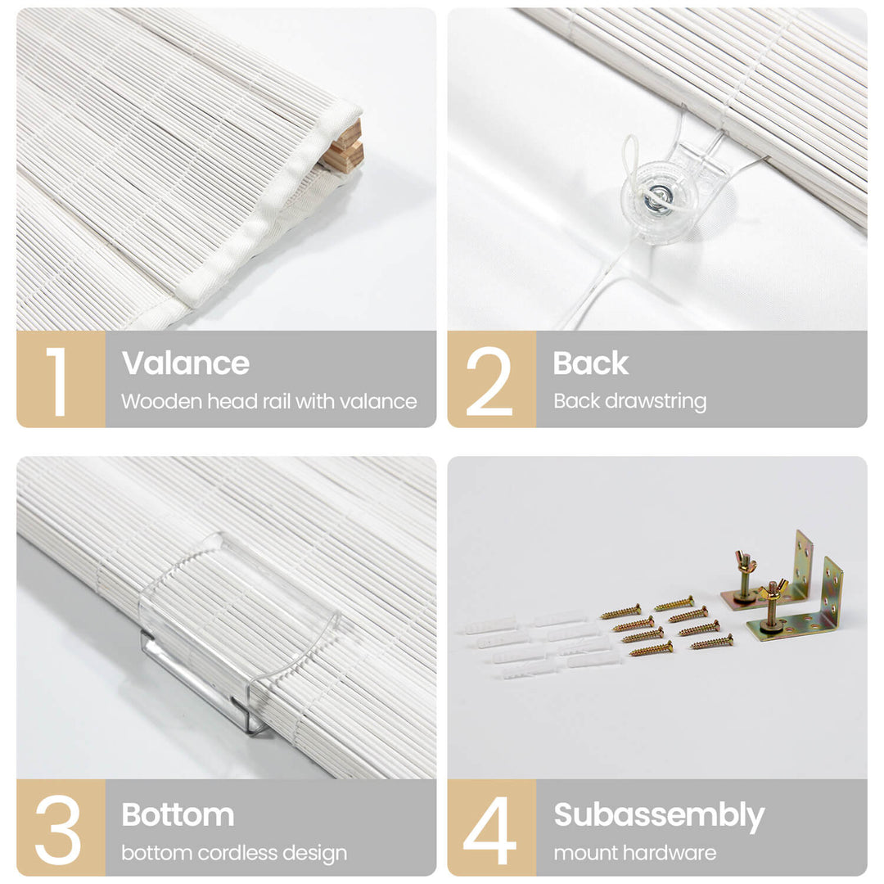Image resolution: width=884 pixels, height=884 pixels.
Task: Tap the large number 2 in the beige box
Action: [489, 381]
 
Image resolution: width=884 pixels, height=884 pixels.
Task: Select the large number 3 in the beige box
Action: [58, 830]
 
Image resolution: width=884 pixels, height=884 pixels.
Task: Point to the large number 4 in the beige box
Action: [489, 830]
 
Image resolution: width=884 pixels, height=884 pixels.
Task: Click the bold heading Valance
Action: [186, 363]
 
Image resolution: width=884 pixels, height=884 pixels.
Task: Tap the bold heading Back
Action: [590, 363]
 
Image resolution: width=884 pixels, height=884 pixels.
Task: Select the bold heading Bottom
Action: [178, 814]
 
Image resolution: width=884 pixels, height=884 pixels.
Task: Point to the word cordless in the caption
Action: [237, 853]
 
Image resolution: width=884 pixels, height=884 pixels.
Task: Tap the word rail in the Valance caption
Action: [277, 401]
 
